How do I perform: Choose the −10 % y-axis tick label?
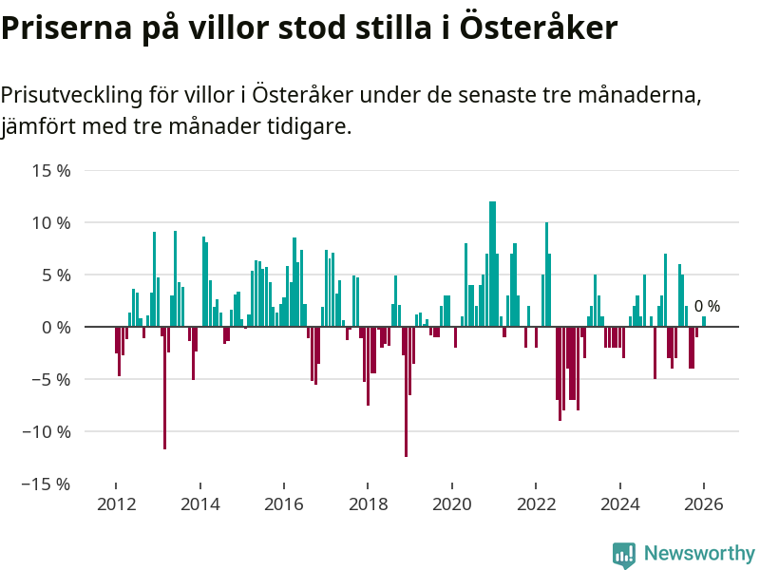click(x=48, y=431)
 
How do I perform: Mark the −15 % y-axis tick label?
click(x=48, y=484)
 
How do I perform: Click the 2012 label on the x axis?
click(x=116, y=504)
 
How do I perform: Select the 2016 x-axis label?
click(x=283, y=504)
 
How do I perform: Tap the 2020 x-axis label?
click(x=452, y=504)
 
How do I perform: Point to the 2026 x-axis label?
click(x=704, y=504)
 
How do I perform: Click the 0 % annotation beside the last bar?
click(x=707, y=307)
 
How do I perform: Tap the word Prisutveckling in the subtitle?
click(x=70, y=95)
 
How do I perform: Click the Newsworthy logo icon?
click(x=624, y=554)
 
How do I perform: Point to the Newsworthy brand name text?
click(x=699, y=553)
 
